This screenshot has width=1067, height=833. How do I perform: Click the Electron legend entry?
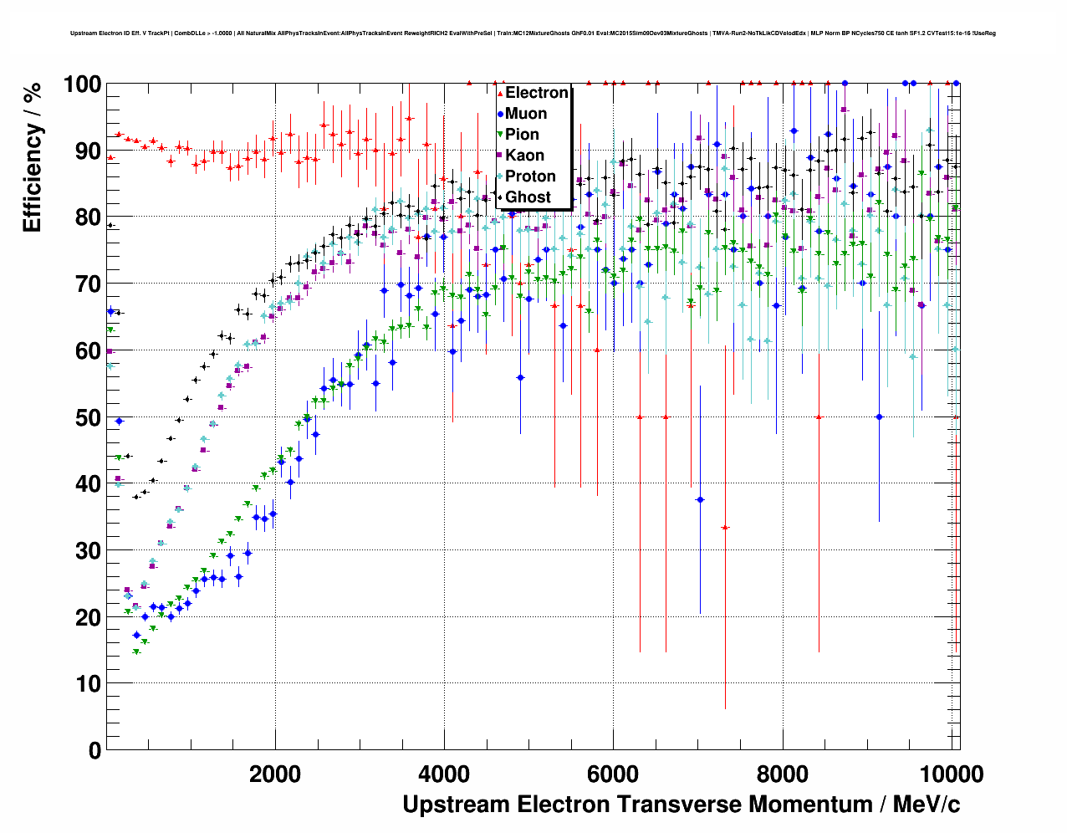coord(536,93)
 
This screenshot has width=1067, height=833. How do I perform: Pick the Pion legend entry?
coord(522,135)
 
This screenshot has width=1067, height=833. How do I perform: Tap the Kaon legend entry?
coord(524,156)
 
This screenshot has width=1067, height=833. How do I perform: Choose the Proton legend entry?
coord(530,176)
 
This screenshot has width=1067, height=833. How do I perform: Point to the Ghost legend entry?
coord(528,197)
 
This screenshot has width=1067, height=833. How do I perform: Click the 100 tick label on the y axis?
coord(82,84)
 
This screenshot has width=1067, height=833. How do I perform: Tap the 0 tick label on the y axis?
coord(94,750)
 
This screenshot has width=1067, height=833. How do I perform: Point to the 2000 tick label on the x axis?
coord(275,774)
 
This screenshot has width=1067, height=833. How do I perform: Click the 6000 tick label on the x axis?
coord(613,774)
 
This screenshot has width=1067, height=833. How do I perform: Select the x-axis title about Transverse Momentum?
coord(681,805)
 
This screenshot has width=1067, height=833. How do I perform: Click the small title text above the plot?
coord(533,33)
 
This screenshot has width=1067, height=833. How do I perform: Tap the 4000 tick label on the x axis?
coord(444,774)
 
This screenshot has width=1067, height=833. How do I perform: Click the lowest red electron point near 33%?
coord(725,528)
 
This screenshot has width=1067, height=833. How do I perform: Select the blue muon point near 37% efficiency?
coord(700,499)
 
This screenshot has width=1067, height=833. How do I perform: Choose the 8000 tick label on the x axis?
coord(782,774)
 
